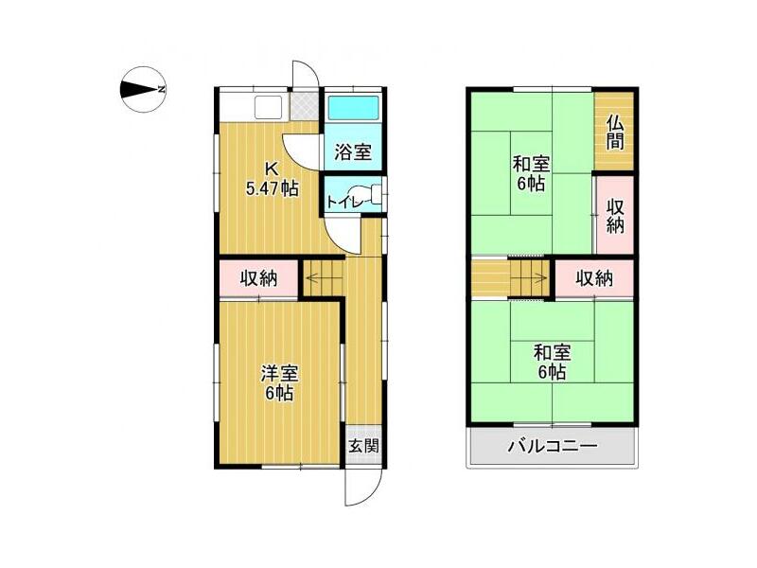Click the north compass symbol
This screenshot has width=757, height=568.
click(x=143, y=89)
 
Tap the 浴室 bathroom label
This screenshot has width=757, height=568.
click(x=353, y=152)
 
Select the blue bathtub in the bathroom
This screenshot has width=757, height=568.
click(x=353, y=107)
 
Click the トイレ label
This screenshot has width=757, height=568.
click(x=344, y=202)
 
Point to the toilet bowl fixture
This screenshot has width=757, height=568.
click(x=368, y=194)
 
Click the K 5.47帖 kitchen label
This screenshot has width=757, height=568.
click(x=272, y=179)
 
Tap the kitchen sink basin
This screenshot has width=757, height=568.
click(x=268, y=107)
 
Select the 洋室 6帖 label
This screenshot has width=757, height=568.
click(x=279, y=383)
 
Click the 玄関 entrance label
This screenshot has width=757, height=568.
click(x=363, y=446)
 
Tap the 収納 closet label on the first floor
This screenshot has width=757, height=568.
click(x=258, y=278)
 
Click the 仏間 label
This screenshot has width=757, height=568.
click(x=614, y=133)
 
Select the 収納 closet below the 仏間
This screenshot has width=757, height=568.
click(x=615, y=216)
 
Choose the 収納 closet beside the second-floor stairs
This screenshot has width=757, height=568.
click(x=594, y=278)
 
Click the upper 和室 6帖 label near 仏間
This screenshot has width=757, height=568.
click(x=531, y=174)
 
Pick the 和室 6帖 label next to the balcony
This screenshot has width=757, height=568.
click(x=553, y=363)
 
